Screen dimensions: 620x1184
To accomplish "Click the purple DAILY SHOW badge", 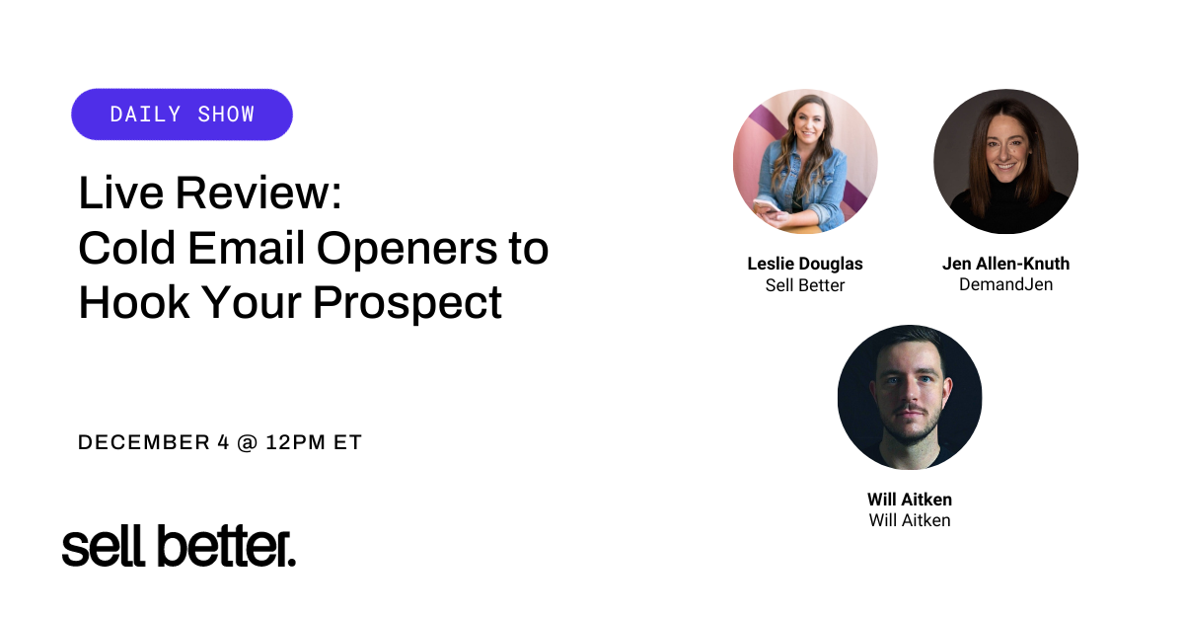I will (182, 115).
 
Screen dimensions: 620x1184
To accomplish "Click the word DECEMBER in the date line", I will (144, 443).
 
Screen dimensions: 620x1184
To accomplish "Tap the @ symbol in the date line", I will (248, 443).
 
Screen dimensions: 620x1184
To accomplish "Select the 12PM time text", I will (297, 443).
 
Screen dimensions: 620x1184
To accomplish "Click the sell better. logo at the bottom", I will (179, 546).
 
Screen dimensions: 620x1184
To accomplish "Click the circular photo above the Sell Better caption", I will (804, 161).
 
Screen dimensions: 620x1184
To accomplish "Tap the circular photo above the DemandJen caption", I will (1005, 161).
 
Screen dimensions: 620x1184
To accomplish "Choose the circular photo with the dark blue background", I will (909, 397).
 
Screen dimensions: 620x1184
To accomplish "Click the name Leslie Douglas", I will (805, 264).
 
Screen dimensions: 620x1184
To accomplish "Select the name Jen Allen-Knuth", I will (1005, 264).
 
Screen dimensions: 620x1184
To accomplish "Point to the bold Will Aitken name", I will (909, 500).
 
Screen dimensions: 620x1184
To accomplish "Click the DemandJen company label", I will (1005, 284).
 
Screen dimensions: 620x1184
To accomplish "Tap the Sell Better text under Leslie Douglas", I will (805, 285).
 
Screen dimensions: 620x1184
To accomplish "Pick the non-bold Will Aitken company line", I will (909, 520).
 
